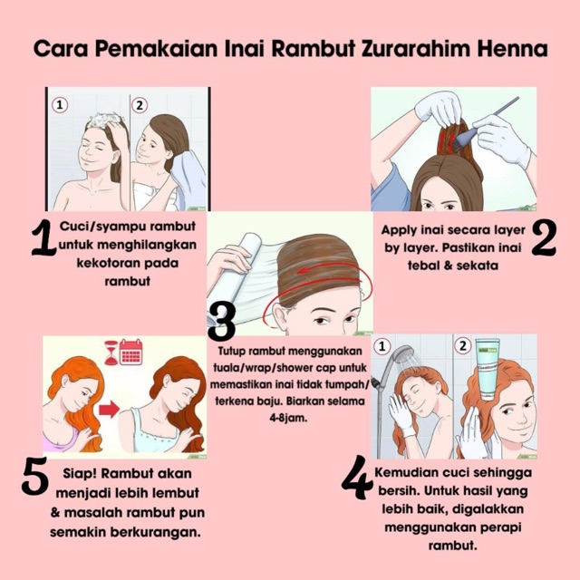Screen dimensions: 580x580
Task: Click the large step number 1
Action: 44,237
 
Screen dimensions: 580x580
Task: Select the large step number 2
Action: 544,237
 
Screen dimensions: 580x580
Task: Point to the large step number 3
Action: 221,322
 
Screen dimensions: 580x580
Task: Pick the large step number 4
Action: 357,478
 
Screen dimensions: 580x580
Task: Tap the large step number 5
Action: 35,476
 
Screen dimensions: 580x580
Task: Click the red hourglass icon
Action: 111,353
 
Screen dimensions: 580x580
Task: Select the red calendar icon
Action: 131,352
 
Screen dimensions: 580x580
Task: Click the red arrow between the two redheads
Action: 109,410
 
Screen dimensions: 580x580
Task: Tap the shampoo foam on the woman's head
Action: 106,121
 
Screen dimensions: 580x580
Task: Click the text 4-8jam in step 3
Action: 288,419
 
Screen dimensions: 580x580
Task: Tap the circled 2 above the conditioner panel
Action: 463,346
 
